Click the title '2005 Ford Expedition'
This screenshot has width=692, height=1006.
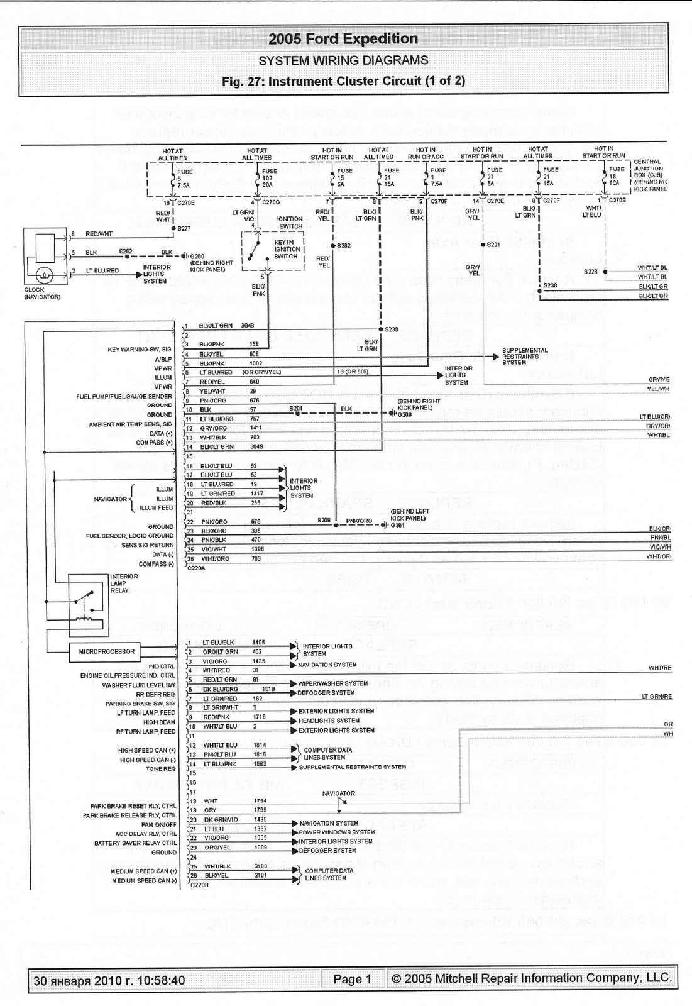click(343, 39)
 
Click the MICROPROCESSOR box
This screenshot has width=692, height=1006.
click(106, 652)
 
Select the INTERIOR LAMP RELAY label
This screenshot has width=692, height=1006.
click(123, 583)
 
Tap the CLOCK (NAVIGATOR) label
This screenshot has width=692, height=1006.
click(42, 294)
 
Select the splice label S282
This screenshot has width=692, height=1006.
click(344, 245)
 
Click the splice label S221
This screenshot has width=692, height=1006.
click(493, 245)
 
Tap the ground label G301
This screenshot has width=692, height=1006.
click(398, 526)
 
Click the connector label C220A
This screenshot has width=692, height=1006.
click(196, 568)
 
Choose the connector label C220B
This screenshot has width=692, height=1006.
click(199, 885)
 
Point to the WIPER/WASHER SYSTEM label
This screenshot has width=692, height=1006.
click(332, 683)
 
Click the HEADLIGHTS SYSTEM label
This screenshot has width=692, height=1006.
click(329, 721)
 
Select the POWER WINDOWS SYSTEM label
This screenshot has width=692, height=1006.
click(336, 832)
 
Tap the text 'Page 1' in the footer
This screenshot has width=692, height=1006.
click(352, 979)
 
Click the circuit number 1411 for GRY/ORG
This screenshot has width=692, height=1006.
click(256, 428)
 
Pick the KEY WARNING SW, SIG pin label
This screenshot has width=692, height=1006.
click(140, 350)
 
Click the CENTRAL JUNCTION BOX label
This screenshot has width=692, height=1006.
click(649, 175)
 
